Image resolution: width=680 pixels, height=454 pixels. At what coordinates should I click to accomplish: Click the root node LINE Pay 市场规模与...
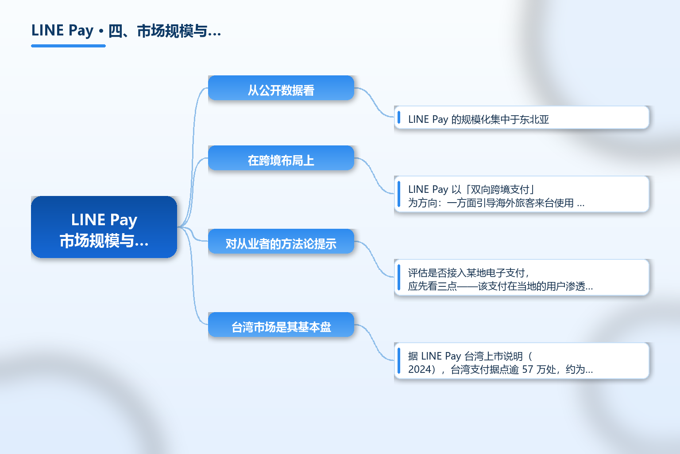click(104, 227)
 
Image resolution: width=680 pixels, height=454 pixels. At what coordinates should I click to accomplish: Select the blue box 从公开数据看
click(281, 88)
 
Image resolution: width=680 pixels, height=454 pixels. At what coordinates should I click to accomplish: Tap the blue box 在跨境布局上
click(281, 158)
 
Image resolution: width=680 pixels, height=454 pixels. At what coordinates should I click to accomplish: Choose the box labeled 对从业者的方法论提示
click(281, 241)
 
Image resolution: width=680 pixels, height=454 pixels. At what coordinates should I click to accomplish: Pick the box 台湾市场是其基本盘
click(281, 325)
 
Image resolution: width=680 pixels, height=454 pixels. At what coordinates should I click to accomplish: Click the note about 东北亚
click(522, 117)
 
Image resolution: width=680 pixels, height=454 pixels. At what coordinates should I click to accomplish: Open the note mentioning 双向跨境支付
click(522, 194)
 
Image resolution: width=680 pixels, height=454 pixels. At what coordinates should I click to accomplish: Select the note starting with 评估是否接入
click(522, 278)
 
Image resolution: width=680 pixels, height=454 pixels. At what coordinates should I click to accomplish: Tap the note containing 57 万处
click(522, 360)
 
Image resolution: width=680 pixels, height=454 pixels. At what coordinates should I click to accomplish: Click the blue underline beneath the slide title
click(68, 46)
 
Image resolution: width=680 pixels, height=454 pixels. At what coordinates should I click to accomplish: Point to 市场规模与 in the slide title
click(172, 31)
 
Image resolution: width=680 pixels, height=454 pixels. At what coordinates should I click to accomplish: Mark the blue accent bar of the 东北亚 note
click(399, 117)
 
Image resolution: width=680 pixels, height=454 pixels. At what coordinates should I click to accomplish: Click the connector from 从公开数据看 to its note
click(374, 102)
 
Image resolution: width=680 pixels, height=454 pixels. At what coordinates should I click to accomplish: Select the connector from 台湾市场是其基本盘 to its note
click(374, 342)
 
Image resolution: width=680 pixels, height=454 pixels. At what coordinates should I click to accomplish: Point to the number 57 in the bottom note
click(528, 369)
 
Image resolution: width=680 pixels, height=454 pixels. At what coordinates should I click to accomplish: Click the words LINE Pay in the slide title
click(62, 31)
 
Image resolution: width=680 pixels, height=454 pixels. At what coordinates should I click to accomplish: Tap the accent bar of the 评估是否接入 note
click(399, 278)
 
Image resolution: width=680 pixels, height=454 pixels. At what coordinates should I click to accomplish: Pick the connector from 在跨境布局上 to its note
click(374, 176)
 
